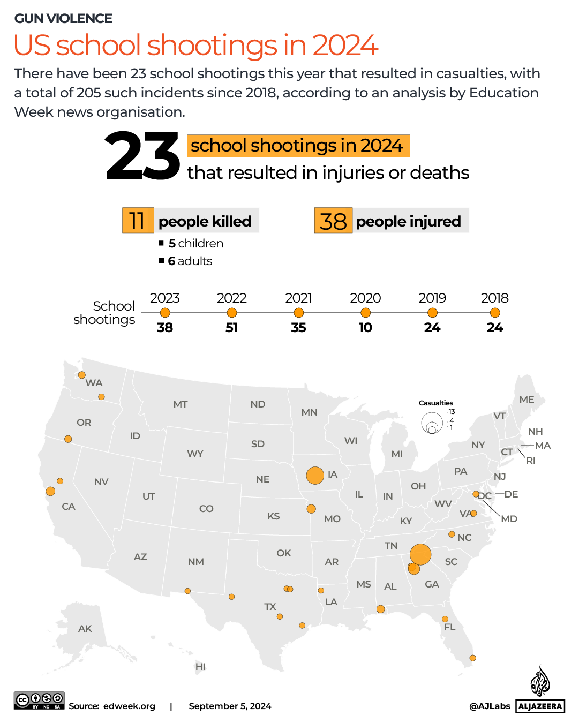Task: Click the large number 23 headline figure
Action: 142,156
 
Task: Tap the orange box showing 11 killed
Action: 138,220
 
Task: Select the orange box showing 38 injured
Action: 333,221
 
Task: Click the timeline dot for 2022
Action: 232,313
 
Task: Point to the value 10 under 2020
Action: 365,328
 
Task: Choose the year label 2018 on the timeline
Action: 494,298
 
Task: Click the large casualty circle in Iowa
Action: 315,475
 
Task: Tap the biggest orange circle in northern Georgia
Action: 420,554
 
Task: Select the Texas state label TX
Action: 270,607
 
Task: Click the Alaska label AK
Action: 85,629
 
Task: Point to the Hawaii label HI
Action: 200,667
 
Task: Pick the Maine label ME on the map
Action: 527,400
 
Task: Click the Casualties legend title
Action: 435,403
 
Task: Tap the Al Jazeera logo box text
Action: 540,706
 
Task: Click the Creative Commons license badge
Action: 39,701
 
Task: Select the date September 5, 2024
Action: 230,706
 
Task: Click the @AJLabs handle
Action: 490,706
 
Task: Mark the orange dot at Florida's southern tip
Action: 472,658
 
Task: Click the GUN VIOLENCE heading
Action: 63,19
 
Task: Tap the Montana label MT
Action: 181,404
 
